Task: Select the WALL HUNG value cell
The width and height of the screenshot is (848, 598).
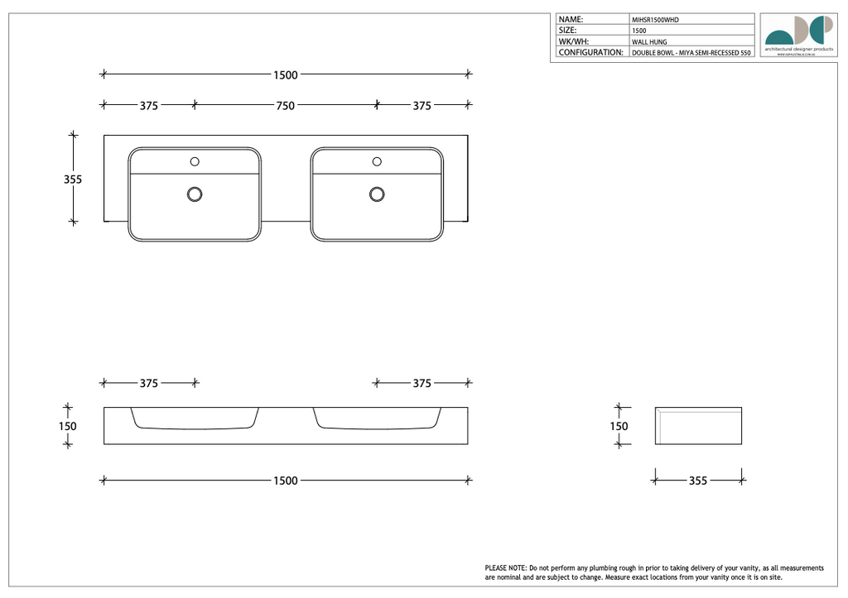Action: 649,41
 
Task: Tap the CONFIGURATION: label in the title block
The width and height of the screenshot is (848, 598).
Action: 590,52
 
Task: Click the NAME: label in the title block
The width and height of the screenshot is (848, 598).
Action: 571,19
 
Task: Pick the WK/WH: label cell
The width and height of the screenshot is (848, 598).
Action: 573,41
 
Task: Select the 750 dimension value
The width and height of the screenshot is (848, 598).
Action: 285,105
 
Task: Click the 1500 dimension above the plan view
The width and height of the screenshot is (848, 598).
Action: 285,75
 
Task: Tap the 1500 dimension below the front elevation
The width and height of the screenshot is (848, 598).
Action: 285,481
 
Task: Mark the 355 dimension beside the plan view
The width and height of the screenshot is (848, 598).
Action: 73,179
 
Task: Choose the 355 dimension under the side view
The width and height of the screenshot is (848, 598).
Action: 698,481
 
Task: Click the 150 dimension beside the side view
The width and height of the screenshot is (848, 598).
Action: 619,427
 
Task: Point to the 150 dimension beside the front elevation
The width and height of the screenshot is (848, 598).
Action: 68,427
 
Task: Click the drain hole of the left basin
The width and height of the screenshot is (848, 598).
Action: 195,194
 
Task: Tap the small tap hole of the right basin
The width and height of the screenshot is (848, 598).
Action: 377,161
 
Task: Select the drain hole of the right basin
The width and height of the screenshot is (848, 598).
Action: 377,194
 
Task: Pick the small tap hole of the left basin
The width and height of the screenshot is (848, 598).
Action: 195,161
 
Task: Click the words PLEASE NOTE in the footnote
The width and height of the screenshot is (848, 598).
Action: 506,568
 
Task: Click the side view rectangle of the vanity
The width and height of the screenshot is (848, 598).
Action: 698,426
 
